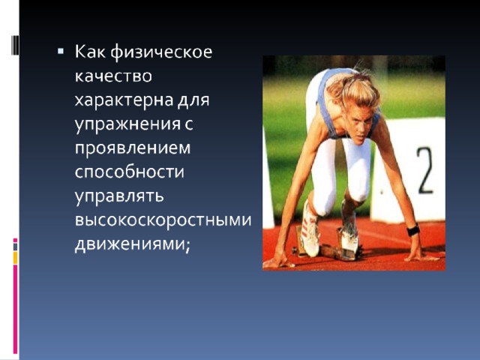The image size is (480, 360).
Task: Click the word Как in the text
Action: pyautogui.click(x=90, y=52)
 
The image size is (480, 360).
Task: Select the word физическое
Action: pyautogui.click(x=161, y=52)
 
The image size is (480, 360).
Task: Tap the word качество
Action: pyautogui.click(x=113, y=76)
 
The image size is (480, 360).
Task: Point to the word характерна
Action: pyautogui.click(x=124, y=100)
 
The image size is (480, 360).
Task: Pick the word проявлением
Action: pyautogui.click(x=133, y=148)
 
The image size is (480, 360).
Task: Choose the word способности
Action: pyautogui.click(x=130, y=172)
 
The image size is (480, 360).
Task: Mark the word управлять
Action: pyautogui.click(x=119, y=196)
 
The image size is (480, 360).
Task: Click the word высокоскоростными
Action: pyautogui.click(x=163, y=220)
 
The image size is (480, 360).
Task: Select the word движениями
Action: pyautogui.click(x=130, y=244)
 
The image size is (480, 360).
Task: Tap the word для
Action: pyautogui.click(x=193, y=100)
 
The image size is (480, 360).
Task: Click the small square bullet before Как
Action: pyautogui.click(x=61, y=51)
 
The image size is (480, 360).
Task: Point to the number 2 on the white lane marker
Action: pyautogui.click(x=425, y=170)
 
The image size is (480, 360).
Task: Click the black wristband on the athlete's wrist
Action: pyautogui.click(x=413, y=230)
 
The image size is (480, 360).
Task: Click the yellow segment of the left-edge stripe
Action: pyautogui.click(x=15, y=258)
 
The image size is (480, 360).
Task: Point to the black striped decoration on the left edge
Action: pyautogui.click(x=15, y=45)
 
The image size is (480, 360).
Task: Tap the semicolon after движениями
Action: pyautogui.click(x=187, y=246)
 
